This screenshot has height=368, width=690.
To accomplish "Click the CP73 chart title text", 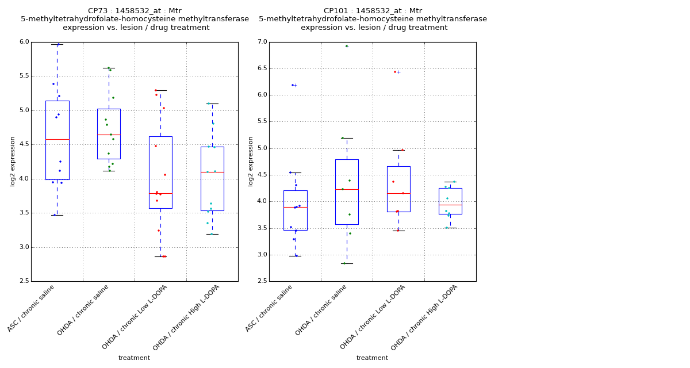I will click(135, 19).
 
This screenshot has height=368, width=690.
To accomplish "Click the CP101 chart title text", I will click(373, 19).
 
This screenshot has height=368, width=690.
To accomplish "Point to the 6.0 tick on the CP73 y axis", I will click(24, 42).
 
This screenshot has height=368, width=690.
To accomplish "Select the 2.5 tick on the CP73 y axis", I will click(24, 281).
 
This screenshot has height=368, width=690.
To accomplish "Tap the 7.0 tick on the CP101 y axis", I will click(262, 42).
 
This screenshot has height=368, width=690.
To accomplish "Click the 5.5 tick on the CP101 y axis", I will click(262, 122).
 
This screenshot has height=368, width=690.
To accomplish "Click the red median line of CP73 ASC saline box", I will click(57, 139).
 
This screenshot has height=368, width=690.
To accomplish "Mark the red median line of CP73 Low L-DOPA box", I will click(160, 194).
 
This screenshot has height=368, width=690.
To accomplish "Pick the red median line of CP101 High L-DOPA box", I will click(450, 205).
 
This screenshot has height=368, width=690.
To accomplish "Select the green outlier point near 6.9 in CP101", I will click(346, 46).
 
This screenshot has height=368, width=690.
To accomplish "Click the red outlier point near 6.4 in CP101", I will click(395, 72).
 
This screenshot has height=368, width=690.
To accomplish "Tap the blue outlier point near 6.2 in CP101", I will click(292, 85).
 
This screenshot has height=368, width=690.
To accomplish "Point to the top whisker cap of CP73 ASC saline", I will click(57, 44).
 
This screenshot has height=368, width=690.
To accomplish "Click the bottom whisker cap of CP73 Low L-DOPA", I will click(160, 256).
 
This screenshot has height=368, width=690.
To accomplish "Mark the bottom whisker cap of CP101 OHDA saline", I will click(347, 263).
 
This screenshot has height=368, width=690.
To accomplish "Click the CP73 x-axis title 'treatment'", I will click(134, 358).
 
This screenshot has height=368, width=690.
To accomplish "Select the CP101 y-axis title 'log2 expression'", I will click(251, 161).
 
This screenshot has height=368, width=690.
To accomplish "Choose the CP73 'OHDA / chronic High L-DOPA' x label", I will click(187, 317).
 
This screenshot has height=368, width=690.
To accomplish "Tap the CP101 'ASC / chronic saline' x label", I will click(270, 308).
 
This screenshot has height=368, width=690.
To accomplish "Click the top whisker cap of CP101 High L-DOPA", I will click(450, 182).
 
